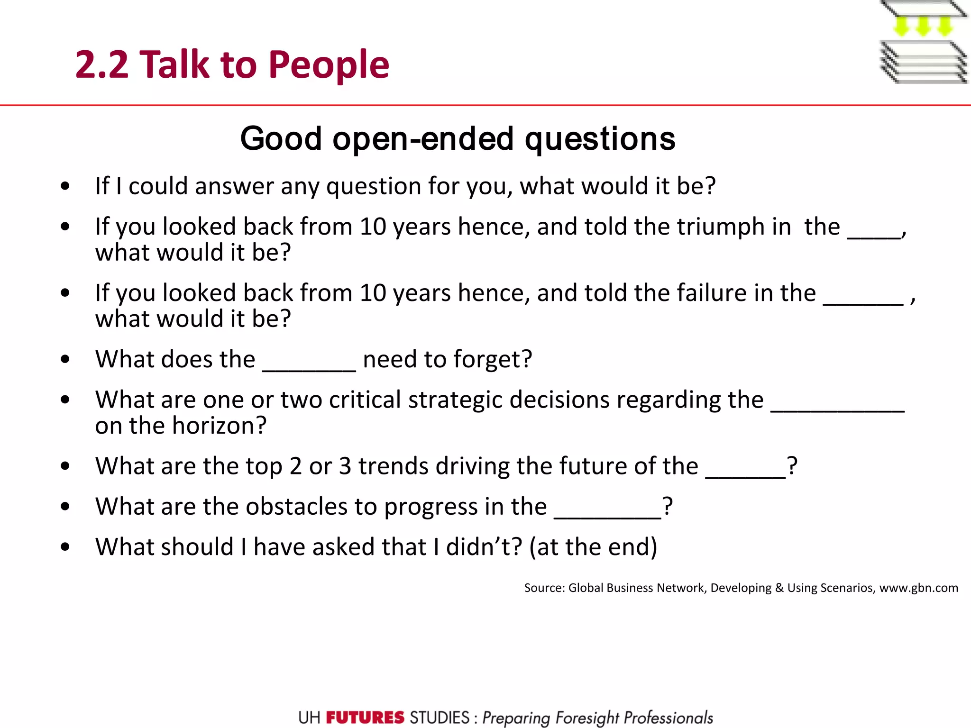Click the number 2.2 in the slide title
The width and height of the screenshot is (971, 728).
tap(101, 65)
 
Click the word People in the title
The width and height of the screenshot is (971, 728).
tap(329, 65)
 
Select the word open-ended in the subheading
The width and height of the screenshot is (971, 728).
tap(423, 139)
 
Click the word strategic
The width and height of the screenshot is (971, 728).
tap(456, 400)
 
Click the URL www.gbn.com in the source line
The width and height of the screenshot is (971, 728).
tap(918, 588)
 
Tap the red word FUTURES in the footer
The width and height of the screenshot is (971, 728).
tap(365, 718)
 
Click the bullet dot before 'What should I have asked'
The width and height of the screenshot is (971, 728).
tap(65, 547)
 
